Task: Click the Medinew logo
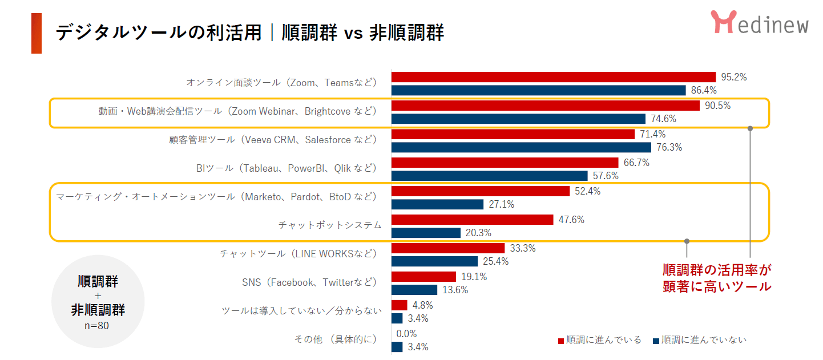759,23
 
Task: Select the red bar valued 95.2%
553,77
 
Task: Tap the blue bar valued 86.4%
538,90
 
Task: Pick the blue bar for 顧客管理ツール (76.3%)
521,147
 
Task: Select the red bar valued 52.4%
480,191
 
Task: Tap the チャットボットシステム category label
329,225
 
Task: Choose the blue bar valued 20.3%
426,233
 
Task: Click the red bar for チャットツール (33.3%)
448,248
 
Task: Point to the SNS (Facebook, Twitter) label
309,282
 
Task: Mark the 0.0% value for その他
406,334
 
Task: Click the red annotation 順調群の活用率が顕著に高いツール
717,278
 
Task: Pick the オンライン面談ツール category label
282,83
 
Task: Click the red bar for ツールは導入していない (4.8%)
399,305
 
